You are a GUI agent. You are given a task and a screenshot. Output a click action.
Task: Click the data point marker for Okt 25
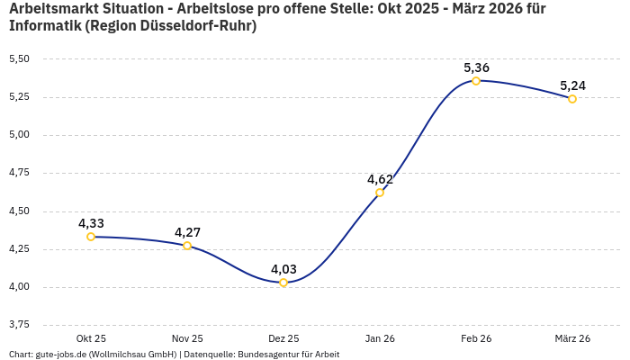pyautogui.click(x=91, y=237)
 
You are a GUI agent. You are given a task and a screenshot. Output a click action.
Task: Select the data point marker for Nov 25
pyautogui.click(x=187, y=246)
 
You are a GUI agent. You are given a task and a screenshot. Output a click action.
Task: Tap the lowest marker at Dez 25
pyautogui.click(x=283, y=283)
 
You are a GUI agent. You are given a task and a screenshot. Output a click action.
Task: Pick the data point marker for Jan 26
pyautogui.click(x=380, y=193)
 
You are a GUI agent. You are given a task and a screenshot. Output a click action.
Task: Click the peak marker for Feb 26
pyautogui.click(x=476, y=81)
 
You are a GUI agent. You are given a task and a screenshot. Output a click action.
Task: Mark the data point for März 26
pyautogui.click(x=572, y=99)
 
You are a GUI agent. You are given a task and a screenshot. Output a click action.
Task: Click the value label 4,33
pyautogui.click(x=91, y=223)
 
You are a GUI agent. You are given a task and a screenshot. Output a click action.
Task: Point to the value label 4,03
pyautogui.click(x=283, y=269)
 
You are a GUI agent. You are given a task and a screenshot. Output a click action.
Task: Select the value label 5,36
pyautogui.click(x=476, y=67)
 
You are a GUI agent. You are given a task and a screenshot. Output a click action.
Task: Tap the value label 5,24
pyautogui.click(x=572, y=85)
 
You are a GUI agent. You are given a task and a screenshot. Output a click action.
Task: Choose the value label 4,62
pyautogui.click(x=380, y=179)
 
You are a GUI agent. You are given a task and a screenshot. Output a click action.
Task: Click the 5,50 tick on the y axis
pyautogui.click(x=19, y=58)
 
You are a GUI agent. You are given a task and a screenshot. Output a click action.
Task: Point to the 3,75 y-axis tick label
pyautogui.click(x=19, y=324)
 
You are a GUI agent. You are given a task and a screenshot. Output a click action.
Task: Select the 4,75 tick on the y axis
pyautogui.click(x=19, y=173)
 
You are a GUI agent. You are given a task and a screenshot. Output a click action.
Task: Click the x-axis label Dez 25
pyautogui.click(x=283, y=338)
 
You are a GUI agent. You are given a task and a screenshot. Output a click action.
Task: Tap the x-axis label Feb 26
pyautogui.click(x=476, y=338)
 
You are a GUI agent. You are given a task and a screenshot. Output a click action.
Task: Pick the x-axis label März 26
pyautogui.click(x=572, y=338)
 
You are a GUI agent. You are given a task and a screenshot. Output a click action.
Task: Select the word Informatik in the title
pyautogui.click(x=44, y=26)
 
